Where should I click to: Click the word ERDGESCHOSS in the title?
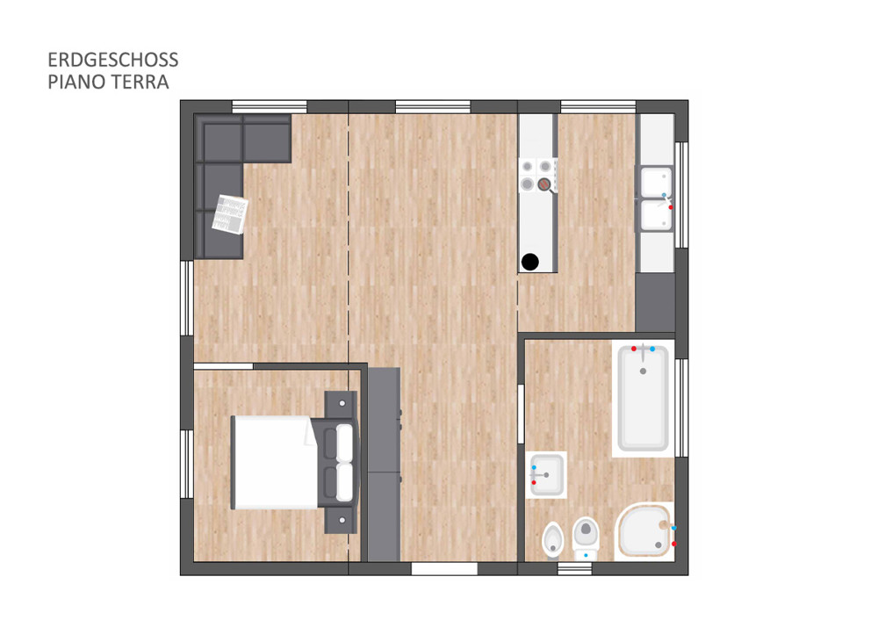pos(113,60)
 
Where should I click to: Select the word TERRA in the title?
pos(139,82)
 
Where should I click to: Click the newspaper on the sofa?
pos(229,214)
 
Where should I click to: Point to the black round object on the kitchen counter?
pos(529,262)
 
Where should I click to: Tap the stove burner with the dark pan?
pos(543,184)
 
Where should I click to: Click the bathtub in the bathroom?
pos(643,398)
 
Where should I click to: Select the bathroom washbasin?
pos(546,475)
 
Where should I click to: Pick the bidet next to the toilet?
pos(553,540)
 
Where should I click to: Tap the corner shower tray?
pos(644,530)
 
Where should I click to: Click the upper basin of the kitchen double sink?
pos(656,181)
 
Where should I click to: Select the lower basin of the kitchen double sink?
pos(656,216)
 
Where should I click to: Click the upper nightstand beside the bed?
pos(341,404)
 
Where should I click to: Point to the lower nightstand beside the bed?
pos(341,520)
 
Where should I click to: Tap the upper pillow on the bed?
pos(344,443)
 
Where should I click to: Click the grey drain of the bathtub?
pos(643,371)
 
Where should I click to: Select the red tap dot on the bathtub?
pos(634,349)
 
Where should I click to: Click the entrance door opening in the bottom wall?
pos(444,568)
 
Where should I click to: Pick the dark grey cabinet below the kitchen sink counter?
pos(655,302)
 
